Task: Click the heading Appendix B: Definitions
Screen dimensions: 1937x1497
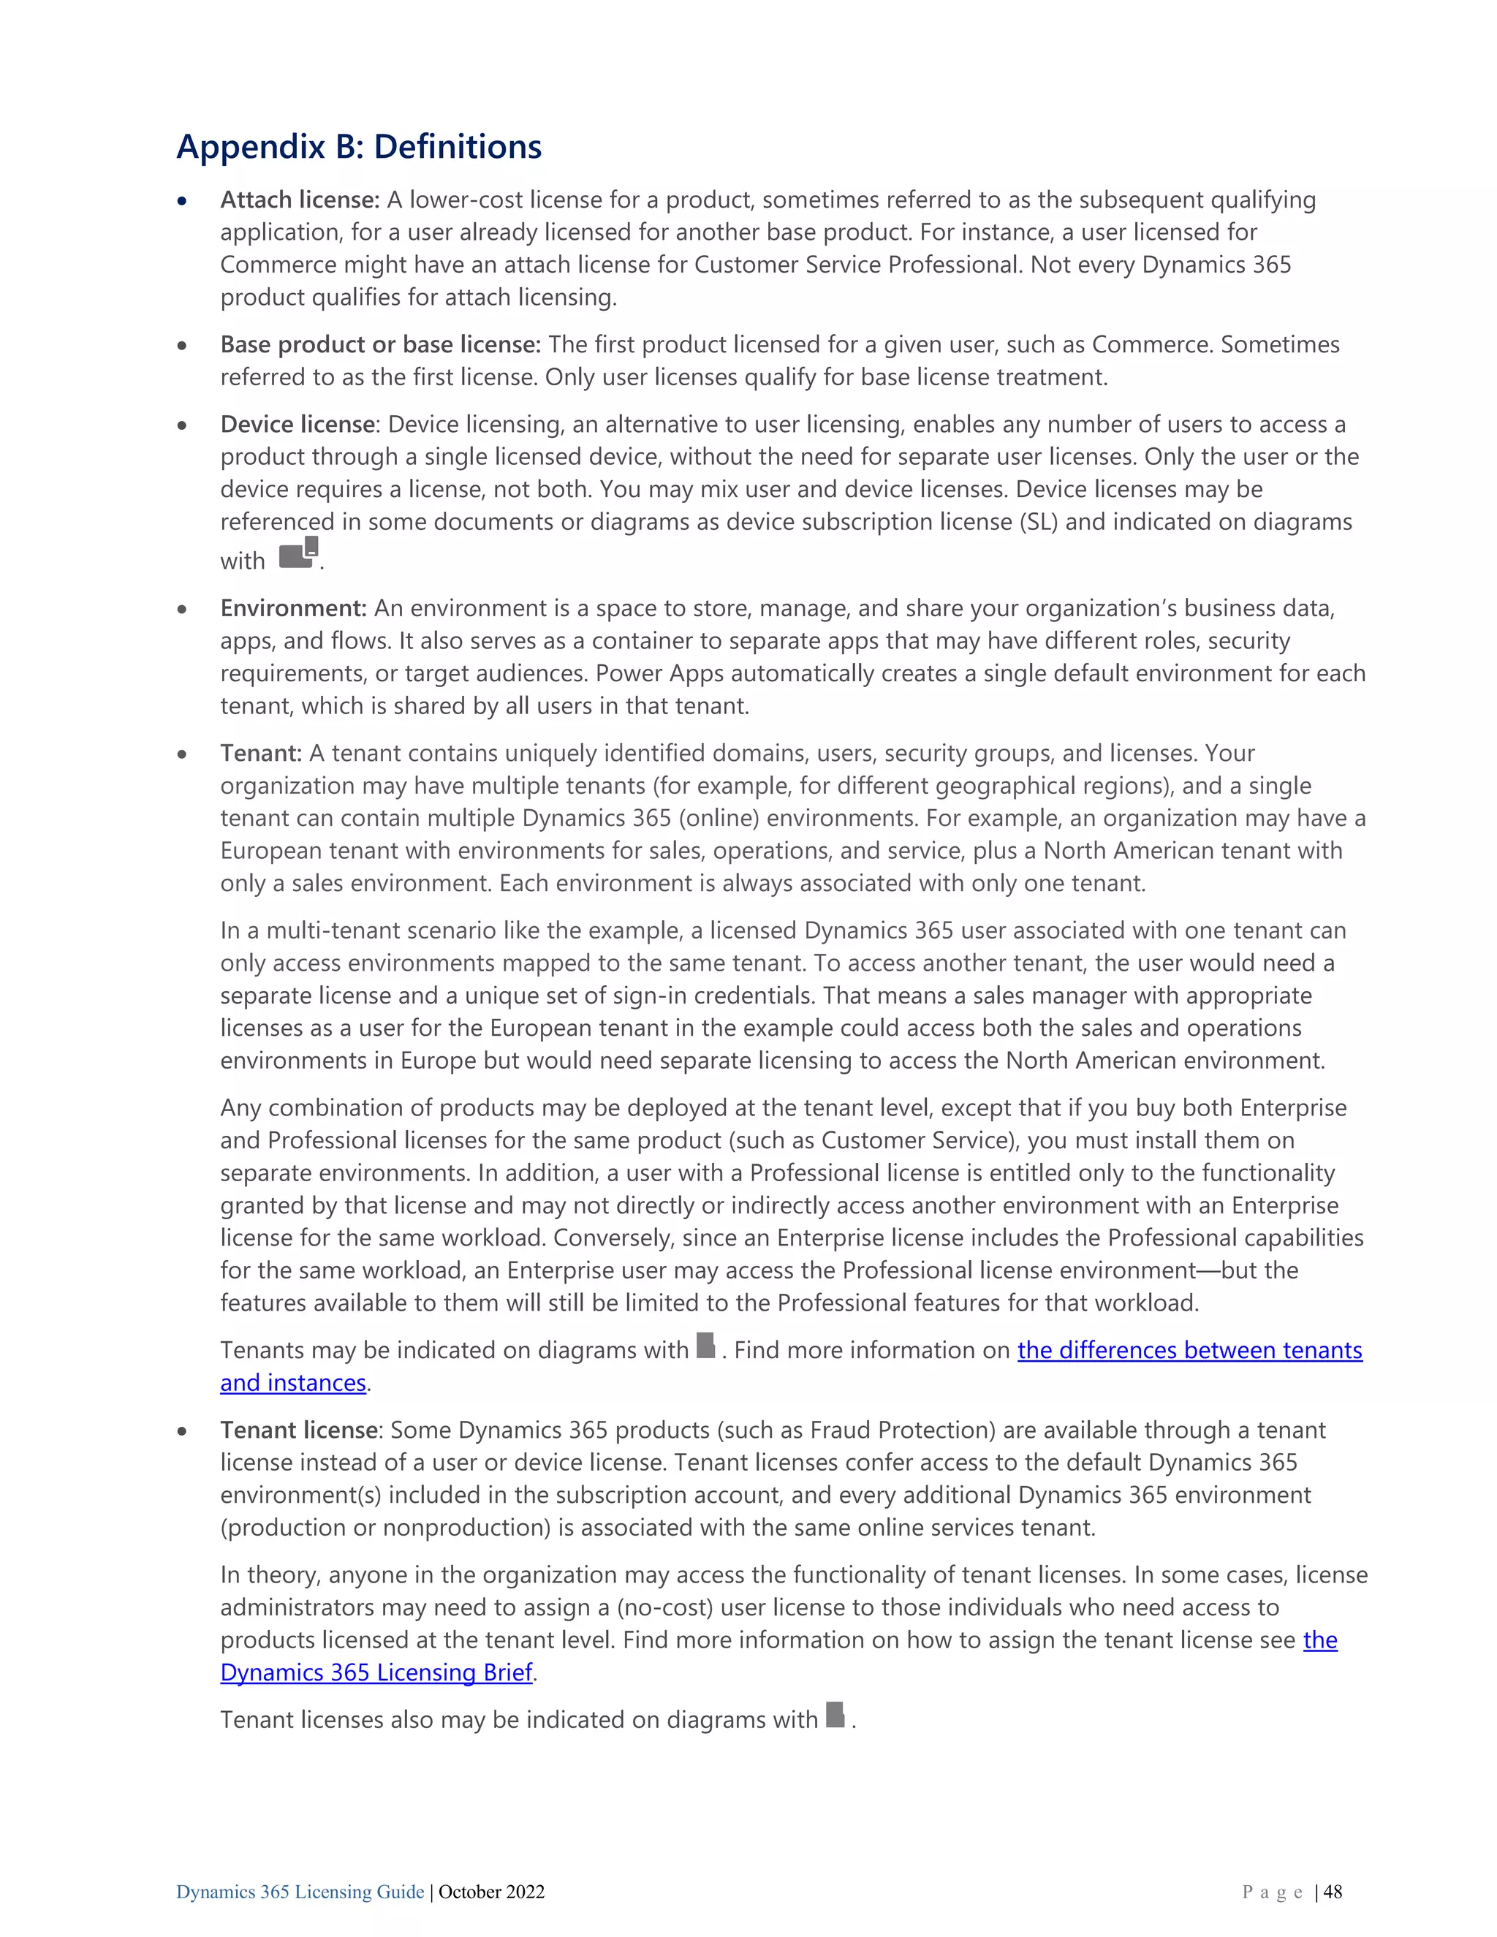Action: [x=358, y=147]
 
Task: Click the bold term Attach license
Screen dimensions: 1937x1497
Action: [x=299, y=200]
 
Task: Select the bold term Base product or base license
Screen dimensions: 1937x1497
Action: [x=379, y=345]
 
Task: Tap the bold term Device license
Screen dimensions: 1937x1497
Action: [x=297, y=425]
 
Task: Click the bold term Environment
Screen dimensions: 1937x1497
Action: [x=292, y=608]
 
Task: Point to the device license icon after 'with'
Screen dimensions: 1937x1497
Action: [x=298, y=553]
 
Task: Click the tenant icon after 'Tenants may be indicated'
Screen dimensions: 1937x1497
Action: [x=706, y=1346]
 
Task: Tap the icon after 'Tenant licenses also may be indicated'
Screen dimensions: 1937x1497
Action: [x=835, y=1716]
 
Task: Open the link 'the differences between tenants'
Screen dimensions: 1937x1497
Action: [x=1189, y=1351]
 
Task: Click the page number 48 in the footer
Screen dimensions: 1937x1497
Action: [x=1333, y=1892]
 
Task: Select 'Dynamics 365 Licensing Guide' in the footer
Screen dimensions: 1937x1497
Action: [x=300, y=1892]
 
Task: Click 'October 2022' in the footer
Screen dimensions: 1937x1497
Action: [x=491, y=1892]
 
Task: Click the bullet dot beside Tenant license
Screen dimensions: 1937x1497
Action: [x=182, y=1431]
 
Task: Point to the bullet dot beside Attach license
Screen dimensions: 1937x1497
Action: [x=182, y=201]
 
